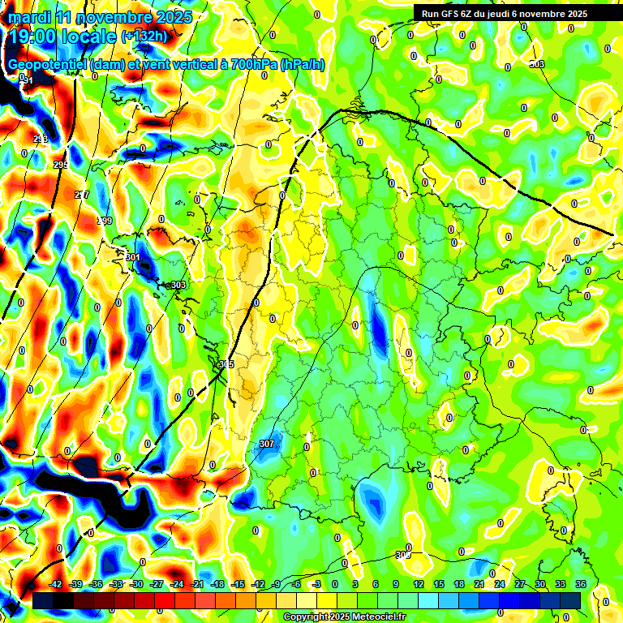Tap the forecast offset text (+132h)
(x=144, y=37)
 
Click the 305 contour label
(x=226, y=364)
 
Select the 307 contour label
(x=266, y=444)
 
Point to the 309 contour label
(x=402, y=555)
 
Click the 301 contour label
(x=133, y=257)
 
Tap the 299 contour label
(x=105, y=221)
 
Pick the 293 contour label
(x=41, y=140)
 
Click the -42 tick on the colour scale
(x=56, y=584)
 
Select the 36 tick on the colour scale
(x=580, y=584)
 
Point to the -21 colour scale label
(x=197, y=584)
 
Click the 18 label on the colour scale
(x=459, y=584)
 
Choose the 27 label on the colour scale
(x=520, y=584)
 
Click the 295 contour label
(x=61, y=165)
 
